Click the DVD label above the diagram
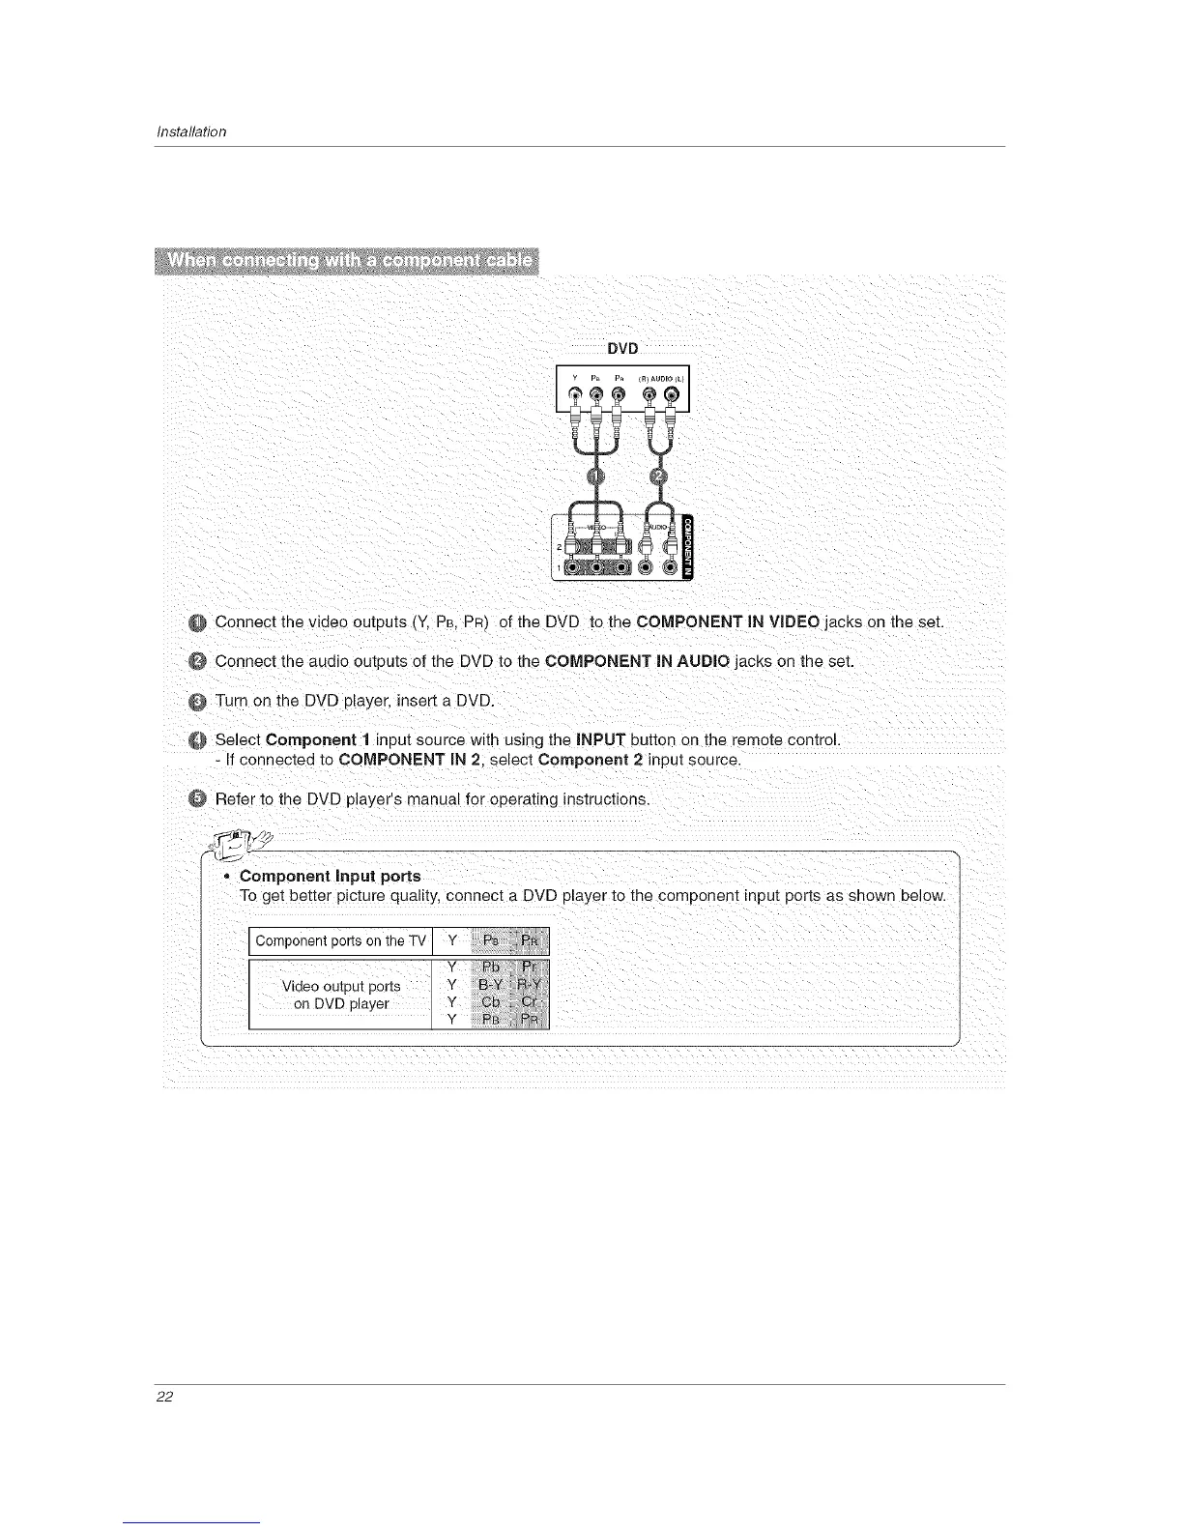click(x=622, y=349)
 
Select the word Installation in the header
click(x=191, y=131)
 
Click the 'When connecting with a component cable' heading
click(x=349, y=262)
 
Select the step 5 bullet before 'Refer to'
click(x=197, y=799)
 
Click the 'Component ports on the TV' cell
click(x=340, y=941)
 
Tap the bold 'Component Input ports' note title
click(x=330, y=877)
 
